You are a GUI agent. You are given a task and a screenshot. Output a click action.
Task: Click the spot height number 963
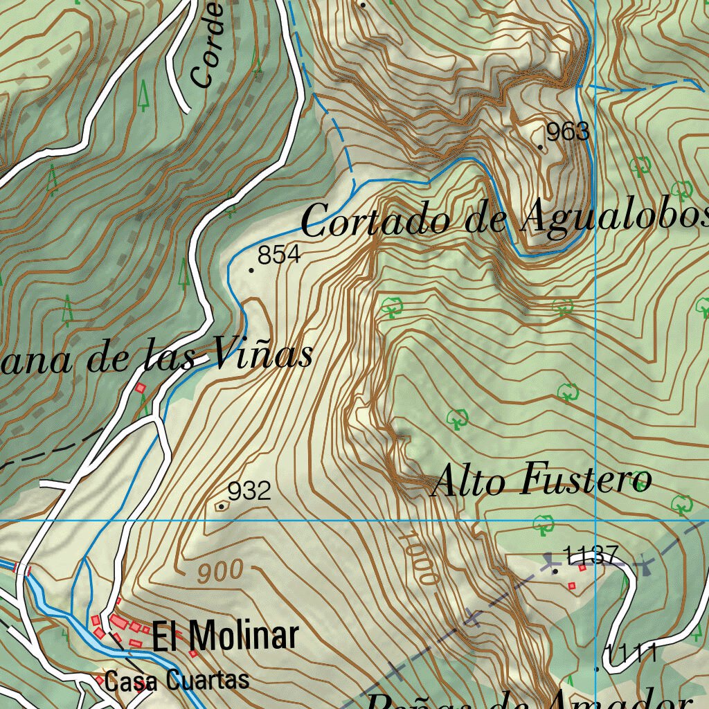568,132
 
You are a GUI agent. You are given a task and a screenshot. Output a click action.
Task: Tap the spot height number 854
279,255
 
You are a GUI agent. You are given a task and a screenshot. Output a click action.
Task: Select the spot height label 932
249,492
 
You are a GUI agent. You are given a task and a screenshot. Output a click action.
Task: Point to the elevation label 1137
591,555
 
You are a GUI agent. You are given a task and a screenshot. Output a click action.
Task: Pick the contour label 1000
420,558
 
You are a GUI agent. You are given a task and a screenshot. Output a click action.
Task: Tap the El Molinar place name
225,636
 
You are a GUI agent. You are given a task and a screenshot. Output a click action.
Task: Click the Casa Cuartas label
177,681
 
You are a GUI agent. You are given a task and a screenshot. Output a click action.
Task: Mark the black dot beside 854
251,269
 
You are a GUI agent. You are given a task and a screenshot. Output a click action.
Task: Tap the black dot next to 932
221,507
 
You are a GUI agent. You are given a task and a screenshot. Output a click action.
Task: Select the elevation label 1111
631,653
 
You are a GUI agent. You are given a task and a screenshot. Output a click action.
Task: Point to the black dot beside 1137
555,571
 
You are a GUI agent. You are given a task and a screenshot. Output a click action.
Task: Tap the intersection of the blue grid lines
595,519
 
